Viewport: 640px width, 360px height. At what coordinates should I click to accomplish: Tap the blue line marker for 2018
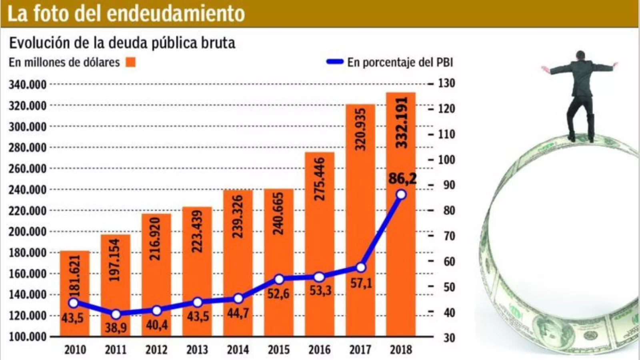[401, 195]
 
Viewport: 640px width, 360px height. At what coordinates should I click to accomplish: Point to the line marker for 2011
[116, 314]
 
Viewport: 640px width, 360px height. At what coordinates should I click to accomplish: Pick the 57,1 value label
[361, 283]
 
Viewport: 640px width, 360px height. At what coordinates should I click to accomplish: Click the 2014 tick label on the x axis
[238, 350]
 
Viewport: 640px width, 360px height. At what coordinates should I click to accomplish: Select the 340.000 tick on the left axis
[28, 85]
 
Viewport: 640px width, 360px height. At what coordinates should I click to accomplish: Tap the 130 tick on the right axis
[446, 83]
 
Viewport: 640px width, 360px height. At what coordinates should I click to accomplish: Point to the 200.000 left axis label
[28, 232]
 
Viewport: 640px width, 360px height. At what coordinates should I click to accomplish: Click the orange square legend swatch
[131, 62]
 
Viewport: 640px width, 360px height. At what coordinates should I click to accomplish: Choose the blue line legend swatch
[335, 62]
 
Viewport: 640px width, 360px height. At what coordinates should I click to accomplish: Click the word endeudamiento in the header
[176, 13]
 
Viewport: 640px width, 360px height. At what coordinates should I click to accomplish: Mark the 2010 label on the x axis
[75, 350]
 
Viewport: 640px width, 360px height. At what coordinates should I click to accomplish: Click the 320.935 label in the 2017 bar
[360, 129]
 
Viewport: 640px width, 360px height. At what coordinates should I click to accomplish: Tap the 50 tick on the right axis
[449, 287]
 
